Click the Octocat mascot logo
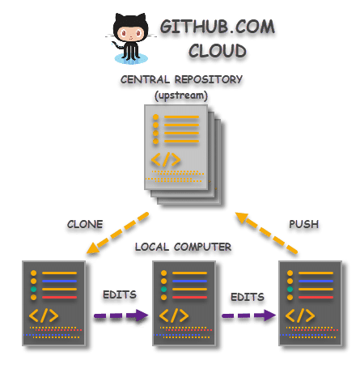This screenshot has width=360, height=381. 129,38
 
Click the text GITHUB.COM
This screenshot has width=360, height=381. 217,27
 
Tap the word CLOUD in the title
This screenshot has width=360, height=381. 217,51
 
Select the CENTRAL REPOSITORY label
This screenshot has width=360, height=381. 181,80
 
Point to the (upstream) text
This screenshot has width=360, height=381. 181,95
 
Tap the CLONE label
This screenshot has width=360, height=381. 85,224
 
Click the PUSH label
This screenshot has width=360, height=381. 303,224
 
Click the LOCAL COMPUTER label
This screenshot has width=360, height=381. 183,247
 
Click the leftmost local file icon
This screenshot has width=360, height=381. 53,303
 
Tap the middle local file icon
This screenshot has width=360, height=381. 184,303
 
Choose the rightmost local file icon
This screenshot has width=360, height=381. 309,303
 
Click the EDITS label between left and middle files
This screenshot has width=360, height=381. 120,295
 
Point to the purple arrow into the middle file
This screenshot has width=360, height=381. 121,315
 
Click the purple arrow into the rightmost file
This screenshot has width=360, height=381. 248,315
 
